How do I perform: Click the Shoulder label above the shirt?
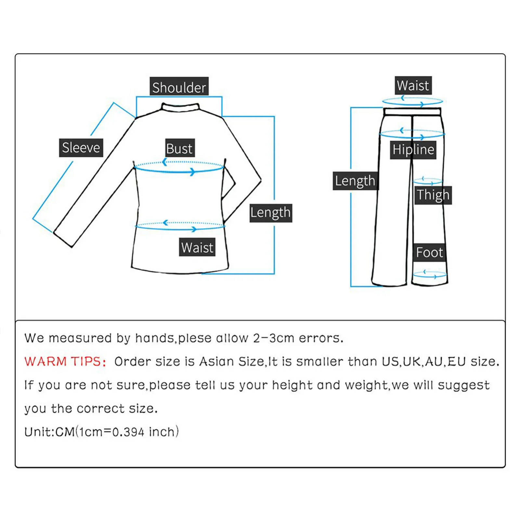click(x=179, y=87)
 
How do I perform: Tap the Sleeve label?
click(x=81, y=148)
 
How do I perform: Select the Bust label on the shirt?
click(x=179, y=149)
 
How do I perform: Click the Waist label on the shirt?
click(x=197, y=247)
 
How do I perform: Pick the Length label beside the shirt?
click(x=270, y=213)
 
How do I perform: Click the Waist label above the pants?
click(x=413, y=85)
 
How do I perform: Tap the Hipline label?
click(x=413, y=150)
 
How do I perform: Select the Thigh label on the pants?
click(x=433, y=195)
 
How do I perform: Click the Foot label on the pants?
click(x=429, y=252)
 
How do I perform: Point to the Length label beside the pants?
click(x=355, y=181)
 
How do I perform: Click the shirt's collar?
click(x=180, y=107)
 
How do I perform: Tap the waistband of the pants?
click(x=412, y=112)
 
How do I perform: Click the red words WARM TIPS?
click(x=65, y=362)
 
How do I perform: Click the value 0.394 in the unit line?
click(x=128, y=432)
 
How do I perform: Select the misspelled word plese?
click(x=195, y=338)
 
